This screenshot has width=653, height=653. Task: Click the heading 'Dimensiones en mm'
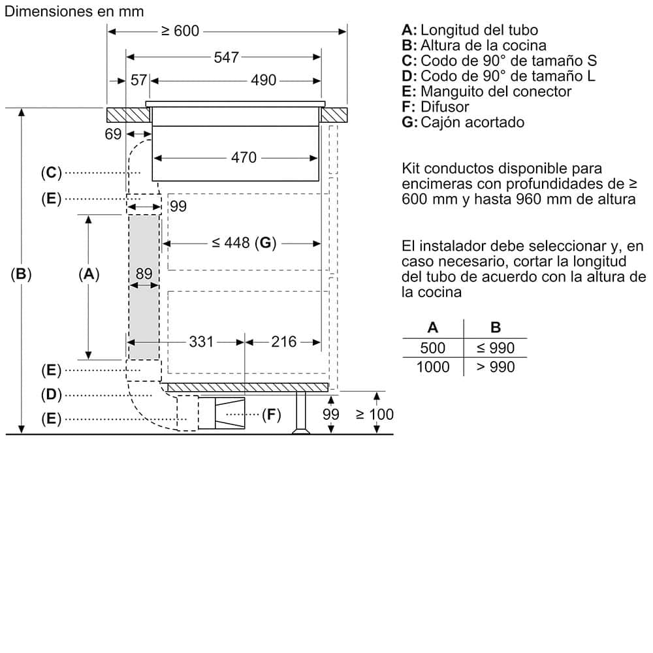coord(74,12)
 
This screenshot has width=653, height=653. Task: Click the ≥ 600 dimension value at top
coord(180,31)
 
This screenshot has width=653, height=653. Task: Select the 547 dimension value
coord(226,57)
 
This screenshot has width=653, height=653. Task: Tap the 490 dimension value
coord(264,80)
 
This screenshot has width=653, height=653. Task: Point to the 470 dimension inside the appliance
coord(244,157)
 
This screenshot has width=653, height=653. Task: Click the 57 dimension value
coord(138,80)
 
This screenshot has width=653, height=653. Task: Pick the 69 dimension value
coord(113,134)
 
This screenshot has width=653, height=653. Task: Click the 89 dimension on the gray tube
coord(144,274)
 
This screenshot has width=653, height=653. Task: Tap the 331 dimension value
coord(201,342)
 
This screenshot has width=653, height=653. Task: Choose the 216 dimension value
coord(283,342)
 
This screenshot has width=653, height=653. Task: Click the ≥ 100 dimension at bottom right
coord(374,414)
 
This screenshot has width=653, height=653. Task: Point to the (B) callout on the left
coord(22,274)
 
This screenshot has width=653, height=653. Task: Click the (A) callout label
coord(88,274)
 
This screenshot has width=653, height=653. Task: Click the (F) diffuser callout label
coord(270,414)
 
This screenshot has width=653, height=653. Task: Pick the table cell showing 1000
coord(433,367)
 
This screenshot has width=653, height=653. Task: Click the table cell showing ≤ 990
coord(495,348)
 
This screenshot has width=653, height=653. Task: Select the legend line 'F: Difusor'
coord(436,106)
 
